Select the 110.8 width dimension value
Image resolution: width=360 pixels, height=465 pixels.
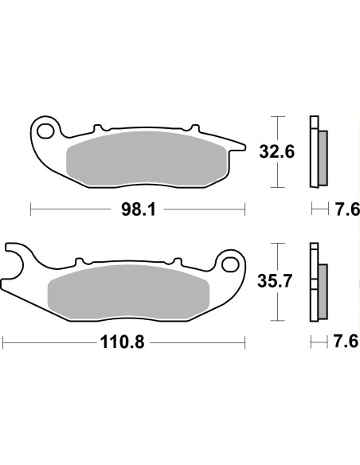[x=123, y=343]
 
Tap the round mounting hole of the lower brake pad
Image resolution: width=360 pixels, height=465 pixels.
[x=231, y=262]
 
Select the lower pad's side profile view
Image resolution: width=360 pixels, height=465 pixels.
[x=317, y=282]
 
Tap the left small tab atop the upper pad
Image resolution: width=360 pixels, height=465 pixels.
[x=99, y=127]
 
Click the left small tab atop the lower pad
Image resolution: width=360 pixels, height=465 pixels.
[x=80, y=261]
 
